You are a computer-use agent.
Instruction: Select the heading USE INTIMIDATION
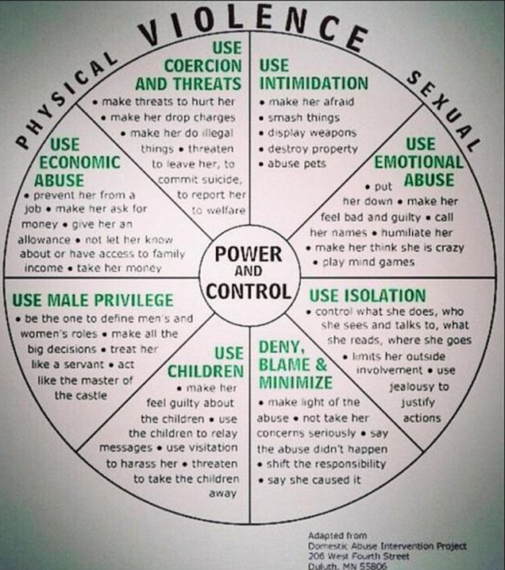pyautogui.click(x=313, y=74)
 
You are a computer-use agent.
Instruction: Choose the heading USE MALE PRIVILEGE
pyautogui.click(x=93, y=300)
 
